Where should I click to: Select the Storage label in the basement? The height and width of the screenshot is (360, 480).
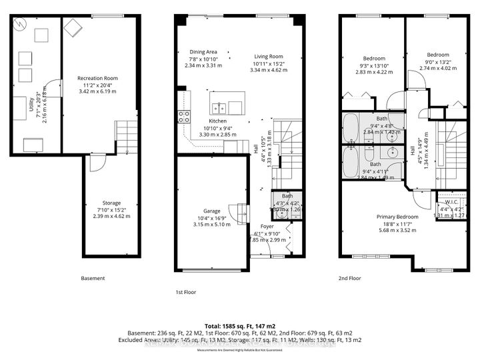pyautogui.click(x=112, y=203)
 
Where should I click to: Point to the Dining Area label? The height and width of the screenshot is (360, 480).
pyautogui.click(x=203, y=52)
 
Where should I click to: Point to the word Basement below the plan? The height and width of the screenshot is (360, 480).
pyautogui.click(x=93, y=278)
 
